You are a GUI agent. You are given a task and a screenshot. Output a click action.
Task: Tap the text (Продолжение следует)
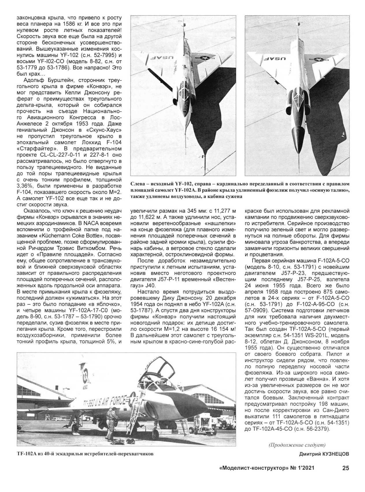tap(297, 445)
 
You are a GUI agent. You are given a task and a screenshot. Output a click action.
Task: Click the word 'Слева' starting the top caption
tap(138, 184)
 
